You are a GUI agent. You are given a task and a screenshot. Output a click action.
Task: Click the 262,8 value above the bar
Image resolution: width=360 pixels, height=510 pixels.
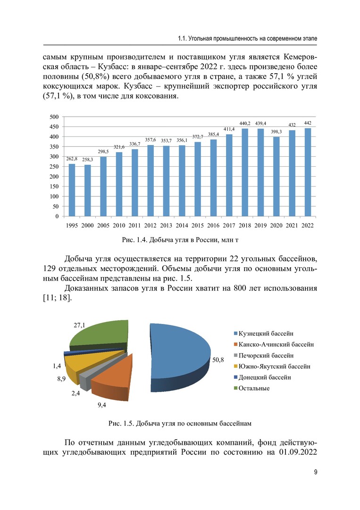pyautogui.click(x=72, y=159)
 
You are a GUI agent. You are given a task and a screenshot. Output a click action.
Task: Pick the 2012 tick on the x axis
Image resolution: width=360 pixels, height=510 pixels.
pyautogui.click(x=151, y=226)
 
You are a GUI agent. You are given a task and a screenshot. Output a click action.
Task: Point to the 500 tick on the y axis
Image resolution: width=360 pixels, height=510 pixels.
pyautogui.click(x=54, y=117)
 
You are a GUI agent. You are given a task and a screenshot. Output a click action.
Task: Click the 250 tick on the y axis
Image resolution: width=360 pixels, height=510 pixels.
pyautogui.click(x=54, y=167)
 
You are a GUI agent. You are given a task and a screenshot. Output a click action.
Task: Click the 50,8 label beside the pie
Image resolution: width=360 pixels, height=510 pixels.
pyautogui.click(x=218, y=360)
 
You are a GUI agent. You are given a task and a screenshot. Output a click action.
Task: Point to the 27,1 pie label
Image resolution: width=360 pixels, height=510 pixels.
pyautogui.click(x=79, y=325)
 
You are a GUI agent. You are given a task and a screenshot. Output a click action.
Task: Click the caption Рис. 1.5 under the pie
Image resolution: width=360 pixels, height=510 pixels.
pyautogui.click(x=180, y=423)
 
